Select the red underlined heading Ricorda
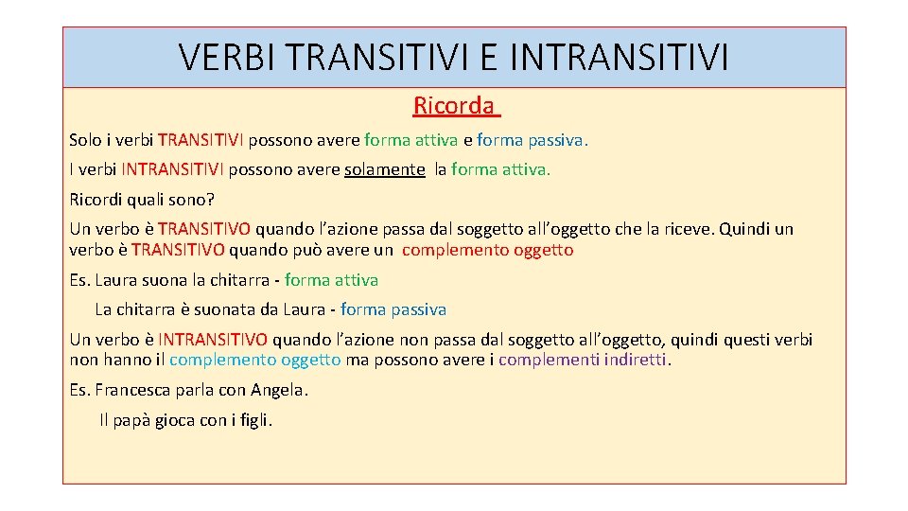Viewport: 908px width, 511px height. tap(453, 105)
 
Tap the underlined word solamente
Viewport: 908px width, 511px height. tap(385, 169)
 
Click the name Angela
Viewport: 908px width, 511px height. tap(279, 390)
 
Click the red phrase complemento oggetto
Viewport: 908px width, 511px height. tap(487, 250)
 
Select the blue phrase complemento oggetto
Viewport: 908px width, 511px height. tap(254, 360)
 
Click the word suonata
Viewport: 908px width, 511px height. tap(214, 309)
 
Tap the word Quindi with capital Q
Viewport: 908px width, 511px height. tap(749, 229)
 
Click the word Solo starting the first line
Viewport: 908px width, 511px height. tap(85, 140)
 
